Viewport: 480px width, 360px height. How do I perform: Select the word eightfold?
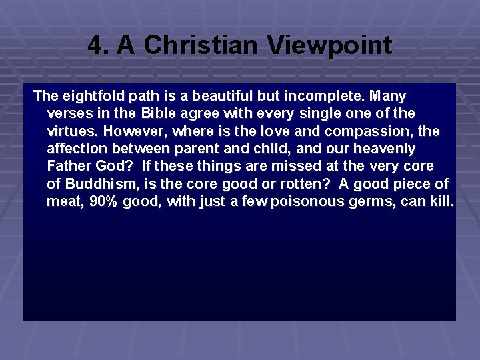87,97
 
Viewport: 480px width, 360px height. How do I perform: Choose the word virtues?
69,131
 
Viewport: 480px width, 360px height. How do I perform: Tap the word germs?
374,201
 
